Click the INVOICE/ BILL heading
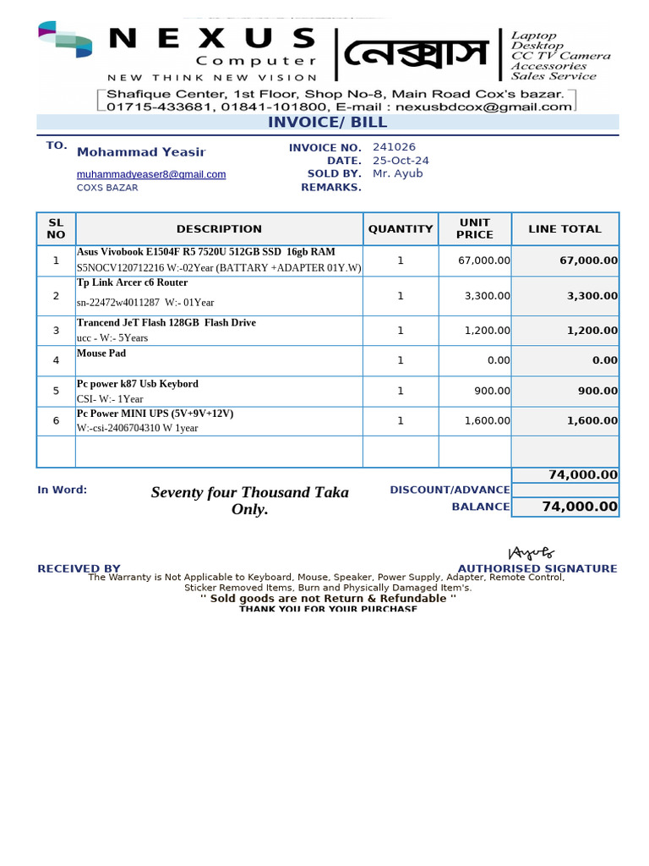pos(327,123)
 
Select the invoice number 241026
pos(394,147)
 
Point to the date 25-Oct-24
pos(401,161)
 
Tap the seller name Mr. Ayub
pos(397,173)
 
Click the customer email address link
pos(151,174)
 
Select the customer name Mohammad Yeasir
pos(141,152)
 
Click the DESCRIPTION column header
pos(219,229)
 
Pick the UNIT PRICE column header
pos(474,229)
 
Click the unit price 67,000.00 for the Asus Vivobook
pos(483,260)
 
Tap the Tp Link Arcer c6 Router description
pos(133,282)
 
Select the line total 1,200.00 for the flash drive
pos(592,331)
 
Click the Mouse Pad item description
pos(101,354)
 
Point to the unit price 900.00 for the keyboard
pos(493,391)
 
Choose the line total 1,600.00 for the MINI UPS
pos(592,420)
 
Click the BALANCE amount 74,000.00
pos(580,507)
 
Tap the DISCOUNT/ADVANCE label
pos(450,490)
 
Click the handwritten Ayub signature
pos(531,553)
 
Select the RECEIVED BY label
pos(79,569)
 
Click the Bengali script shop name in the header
pos(415,55)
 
